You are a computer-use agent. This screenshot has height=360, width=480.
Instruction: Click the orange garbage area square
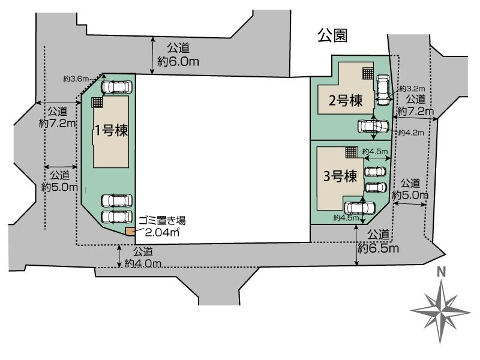click(x=129, y=232)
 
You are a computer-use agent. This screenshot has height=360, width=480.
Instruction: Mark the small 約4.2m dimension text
click(x=412, y=133)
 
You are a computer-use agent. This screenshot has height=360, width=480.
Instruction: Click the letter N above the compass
click(x=441, y=272)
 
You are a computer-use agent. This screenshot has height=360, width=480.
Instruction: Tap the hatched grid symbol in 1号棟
click(x=97, y=103)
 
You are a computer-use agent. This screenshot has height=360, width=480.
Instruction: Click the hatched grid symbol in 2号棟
click(x=368, y=73)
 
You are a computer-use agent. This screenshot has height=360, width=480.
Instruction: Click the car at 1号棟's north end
click(x=116, y=88)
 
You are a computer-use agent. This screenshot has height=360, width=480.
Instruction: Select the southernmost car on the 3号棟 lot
click(x=359, y=208)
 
